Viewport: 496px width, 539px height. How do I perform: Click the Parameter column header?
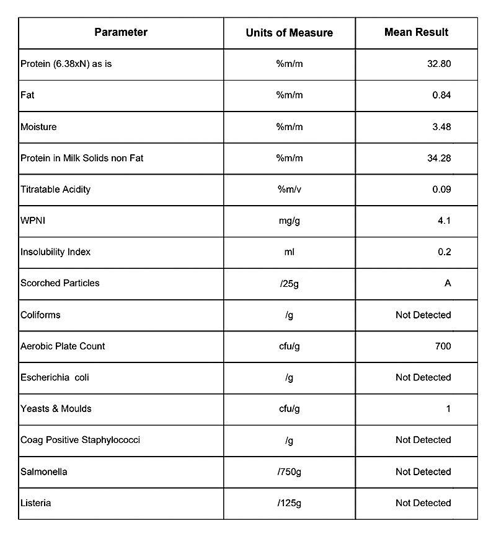click(121, 32)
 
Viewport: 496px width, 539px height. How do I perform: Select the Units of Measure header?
click(289, 33)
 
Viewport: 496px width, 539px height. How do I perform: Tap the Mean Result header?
click(416, 32)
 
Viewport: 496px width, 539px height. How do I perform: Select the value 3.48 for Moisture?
click(441, 127)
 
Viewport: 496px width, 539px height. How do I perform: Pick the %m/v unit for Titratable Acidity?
click(289, 190)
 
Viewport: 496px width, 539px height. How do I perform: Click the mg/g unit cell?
click(289, 221)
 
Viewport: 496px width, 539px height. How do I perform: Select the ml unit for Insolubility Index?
click(289, 252)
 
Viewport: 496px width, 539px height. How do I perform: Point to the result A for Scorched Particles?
click(448, 283)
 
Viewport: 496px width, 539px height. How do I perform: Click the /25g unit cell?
click(289, 283)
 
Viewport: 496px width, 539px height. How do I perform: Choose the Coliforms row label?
click(40, 315)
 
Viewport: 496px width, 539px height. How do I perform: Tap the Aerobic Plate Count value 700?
click(443, 346)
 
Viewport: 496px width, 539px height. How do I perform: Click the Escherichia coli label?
click(55, 377)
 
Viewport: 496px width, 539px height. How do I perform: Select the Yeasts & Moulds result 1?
click(448, 409)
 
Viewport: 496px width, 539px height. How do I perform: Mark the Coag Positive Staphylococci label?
click(80, 440)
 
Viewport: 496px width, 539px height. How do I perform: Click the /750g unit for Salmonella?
click(289, 471)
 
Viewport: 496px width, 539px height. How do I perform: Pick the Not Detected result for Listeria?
click(423, 503)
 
